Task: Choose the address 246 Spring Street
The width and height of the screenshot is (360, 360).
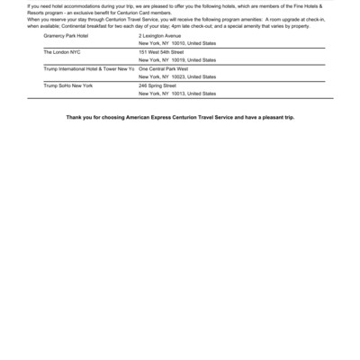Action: [x=157, y=85]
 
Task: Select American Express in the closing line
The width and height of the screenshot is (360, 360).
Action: [x=144, y=118]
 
